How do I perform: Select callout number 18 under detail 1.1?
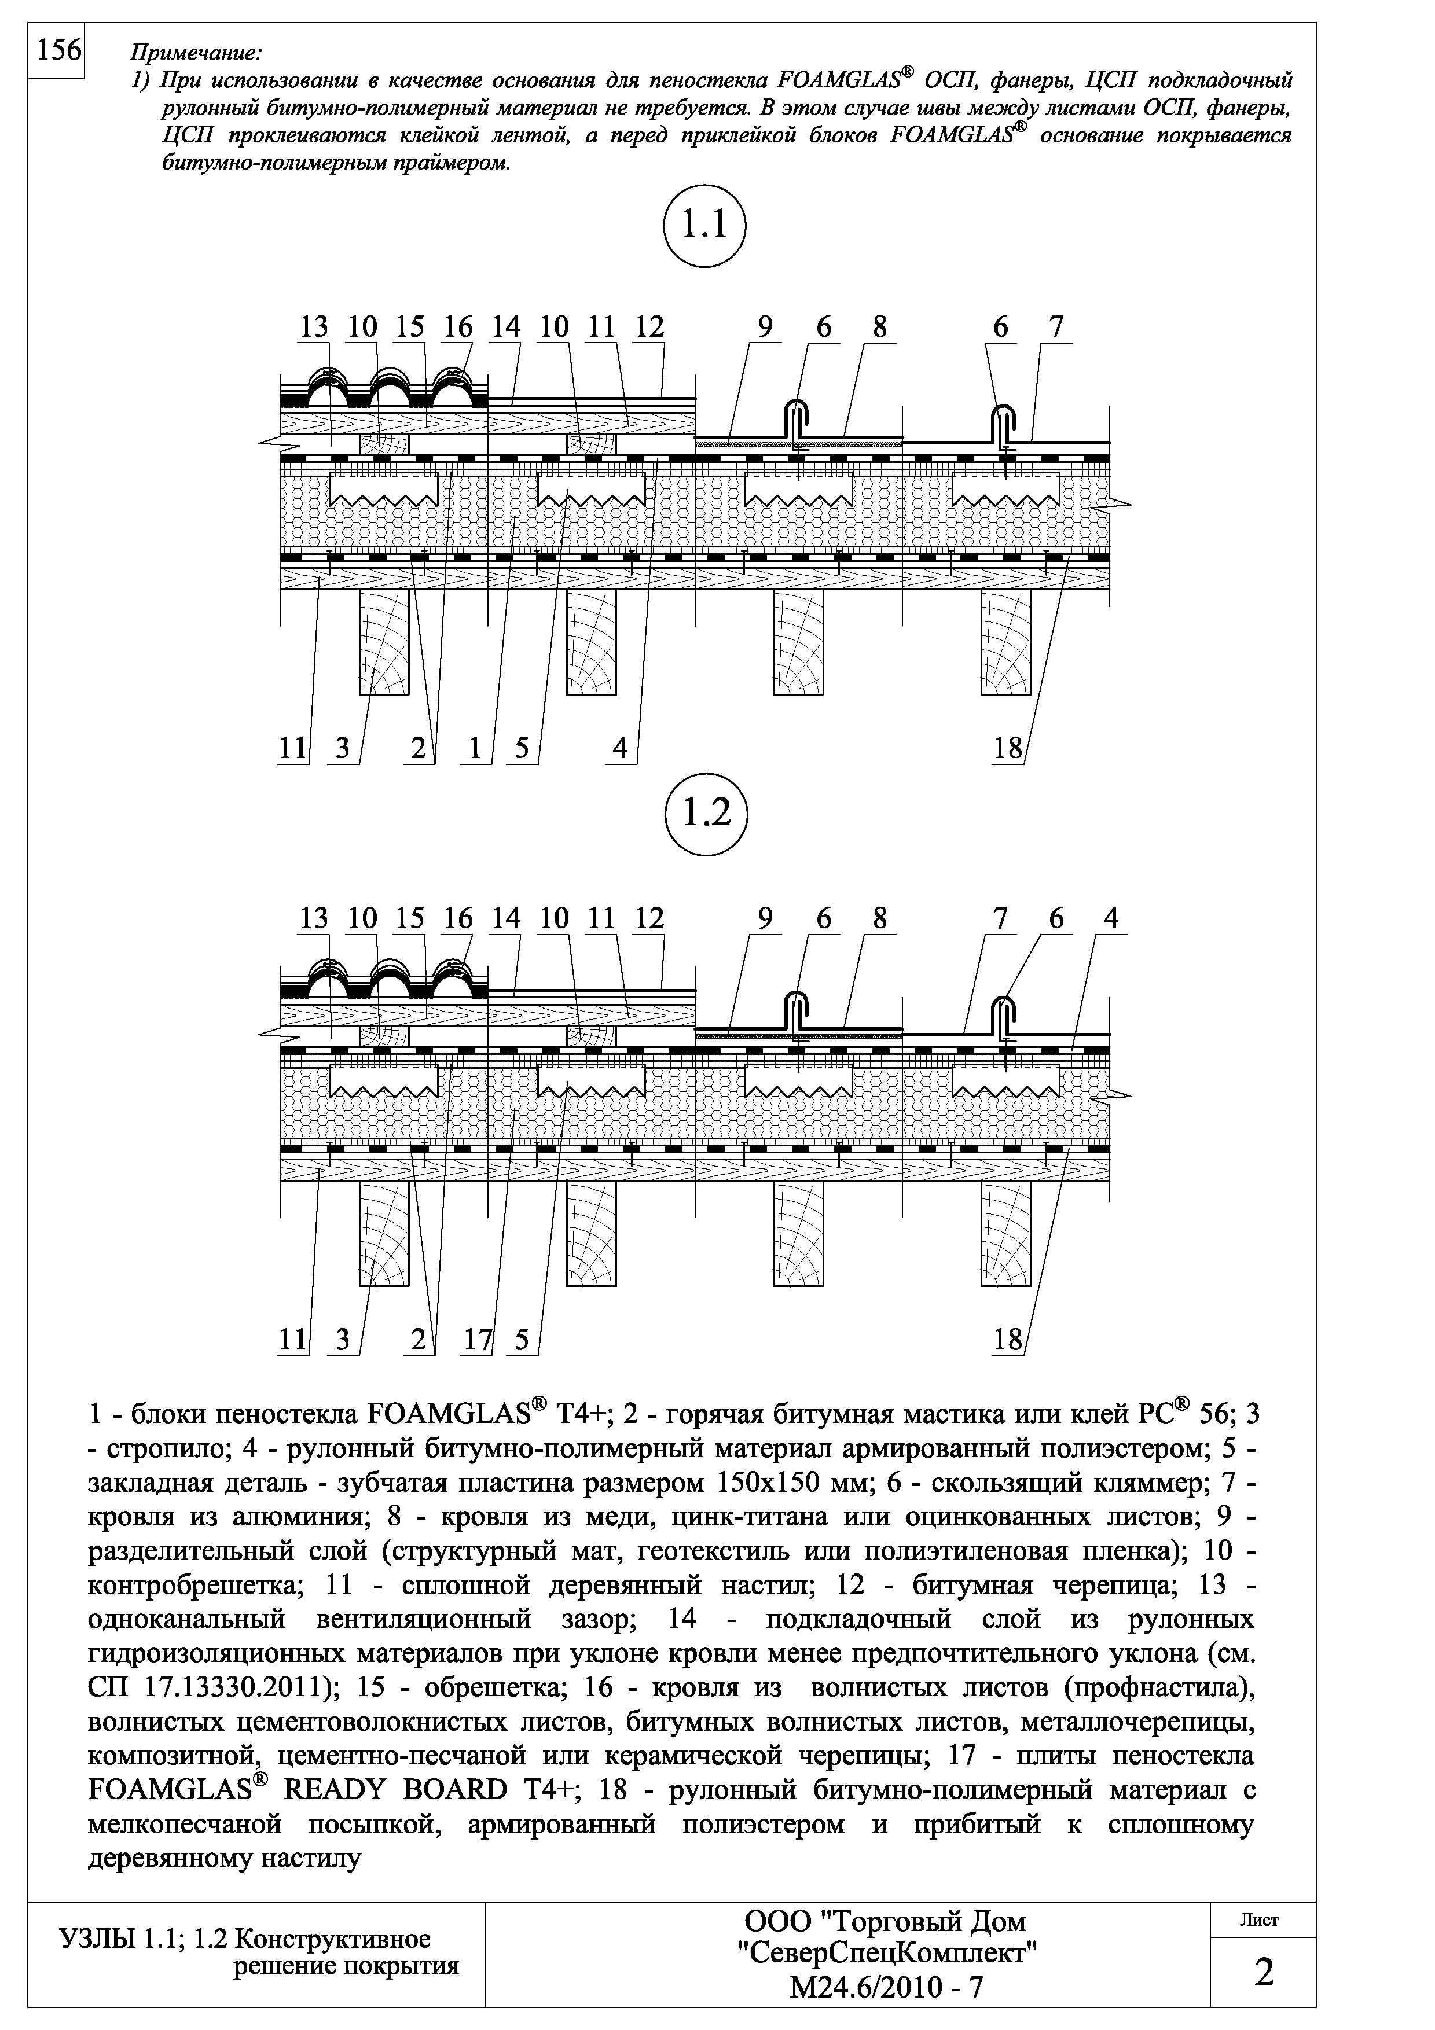pos(1007,748)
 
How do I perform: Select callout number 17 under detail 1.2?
pos(478,1340)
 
